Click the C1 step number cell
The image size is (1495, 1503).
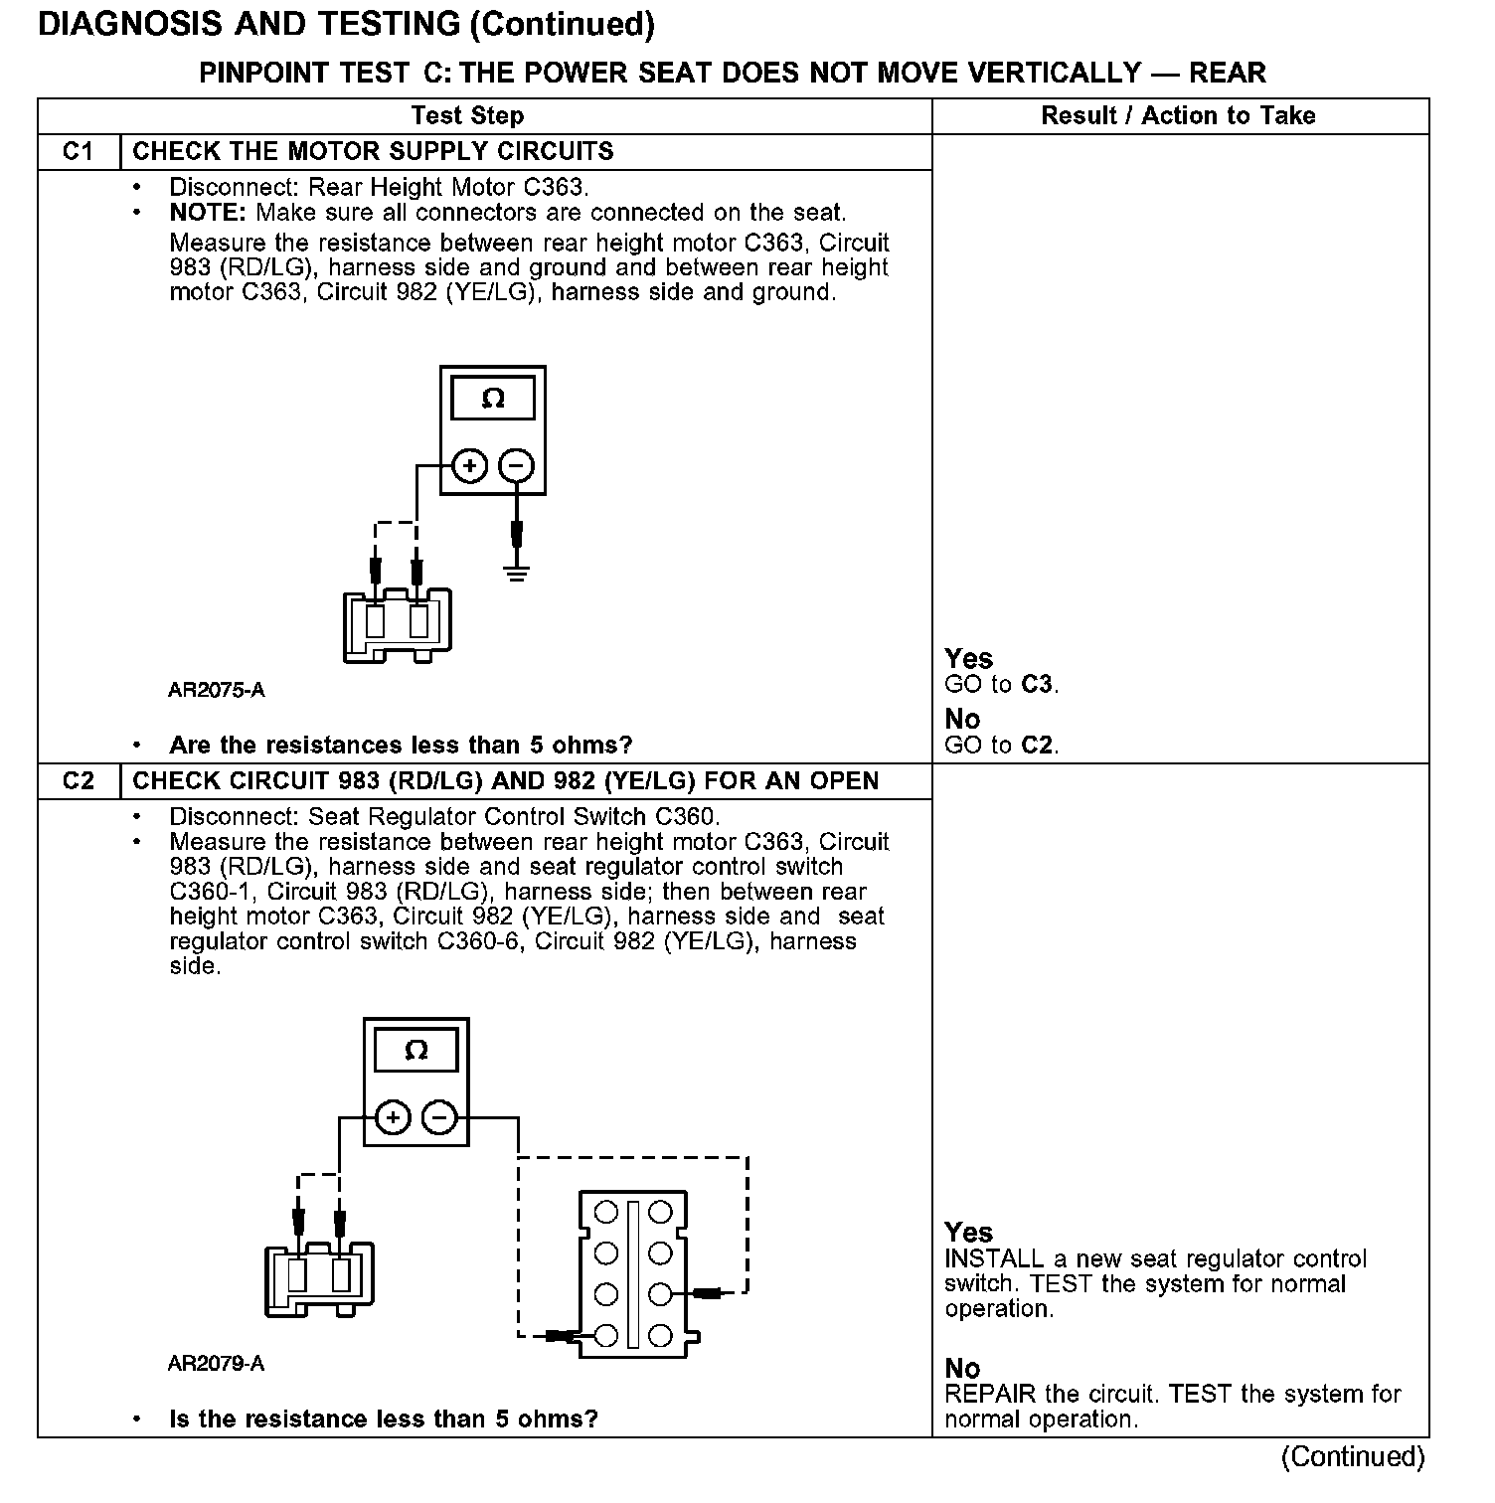(79, 151)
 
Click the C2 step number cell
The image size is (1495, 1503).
(79, 780)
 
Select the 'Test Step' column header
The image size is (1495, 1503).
(467, 115)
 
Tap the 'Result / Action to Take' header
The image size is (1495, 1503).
(1178, 115)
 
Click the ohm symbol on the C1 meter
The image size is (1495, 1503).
(493, 399)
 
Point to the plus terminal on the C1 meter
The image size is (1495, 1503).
(470, 465)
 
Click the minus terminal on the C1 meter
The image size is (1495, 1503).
(516, 465)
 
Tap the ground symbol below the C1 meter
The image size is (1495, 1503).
(516, 572)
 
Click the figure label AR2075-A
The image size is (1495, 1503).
(217, 690)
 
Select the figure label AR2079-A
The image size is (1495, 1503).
(217, 1364)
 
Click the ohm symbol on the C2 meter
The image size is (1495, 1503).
(416, 1051)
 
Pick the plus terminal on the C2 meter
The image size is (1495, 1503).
(394, 1118)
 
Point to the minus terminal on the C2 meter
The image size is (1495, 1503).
(439, 1118)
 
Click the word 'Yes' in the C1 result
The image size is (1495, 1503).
(968, 658)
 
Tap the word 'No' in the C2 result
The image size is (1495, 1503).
(962, 1369)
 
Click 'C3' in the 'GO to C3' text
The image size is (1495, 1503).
(1037, 685)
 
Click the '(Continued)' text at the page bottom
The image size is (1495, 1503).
(1353, 1456)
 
